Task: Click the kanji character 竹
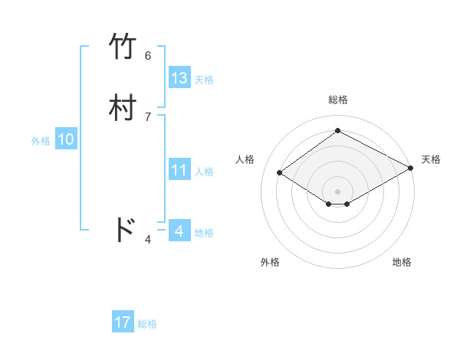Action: [124, 47]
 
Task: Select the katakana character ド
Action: [124, 230]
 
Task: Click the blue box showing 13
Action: [179, 78]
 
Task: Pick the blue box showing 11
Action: [179, 170]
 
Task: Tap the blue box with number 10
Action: [66, 140]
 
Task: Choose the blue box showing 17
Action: [123, 323]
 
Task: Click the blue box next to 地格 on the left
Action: [179, 231]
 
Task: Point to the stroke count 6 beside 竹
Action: [148, 55]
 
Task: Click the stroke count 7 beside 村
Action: [148, 116]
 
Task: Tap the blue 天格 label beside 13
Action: [204, 80]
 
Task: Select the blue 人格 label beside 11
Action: [204, 172]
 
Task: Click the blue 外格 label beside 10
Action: [41, 141]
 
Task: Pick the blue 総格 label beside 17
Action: [147, 324]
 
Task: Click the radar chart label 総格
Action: [338, 100]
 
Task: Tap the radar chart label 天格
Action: [431, 159]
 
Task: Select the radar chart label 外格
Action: [270, 262]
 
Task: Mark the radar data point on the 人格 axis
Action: [280, 173]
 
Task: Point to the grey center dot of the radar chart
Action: [338, 191]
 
